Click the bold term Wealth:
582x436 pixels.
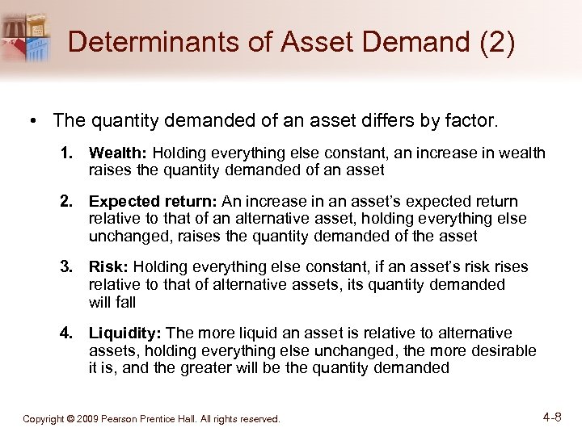point(118,153)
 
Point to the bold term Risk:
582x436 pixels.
point(109,267)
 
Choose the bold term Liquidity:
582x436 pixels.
point(125,333)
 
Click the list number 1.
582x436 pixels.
point(68,153)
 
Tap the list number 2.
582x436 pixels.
point(68,201)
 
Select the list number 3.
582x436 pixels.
point(68,267)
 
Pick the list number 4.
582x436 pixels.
point(68,333)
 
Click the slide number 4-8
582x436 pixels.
point(553,417)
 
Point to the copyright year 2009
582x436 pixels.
point(87,419)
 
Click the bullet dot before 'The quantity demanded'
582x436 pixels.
point(33,122)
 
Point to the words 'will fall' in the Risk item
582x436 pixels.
point(112,302)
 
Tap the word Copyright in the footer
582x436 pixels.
point(44,419)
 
